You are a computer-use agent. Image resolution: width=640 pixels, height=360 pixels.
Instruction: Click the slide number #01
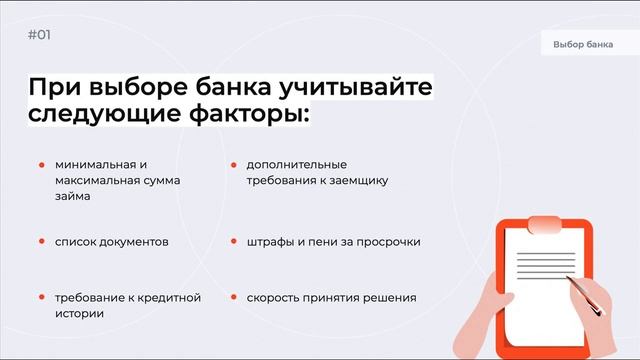click(x=40, y=35)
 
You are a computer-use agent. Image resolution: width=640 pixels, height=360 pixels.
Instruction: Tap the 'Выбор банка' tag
click(x=583, y=45)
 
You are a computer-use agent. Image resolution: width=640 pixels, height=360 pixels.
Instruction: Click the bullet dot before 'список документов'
click(x=42, y=242)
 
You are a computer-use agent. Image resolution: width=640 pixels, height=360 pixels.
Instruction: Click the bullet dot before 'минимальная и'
click(x=42, y=164)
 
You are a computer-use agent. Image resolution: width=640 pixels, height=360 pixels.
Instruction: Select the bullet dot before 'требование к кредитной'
click(x=42, y=298)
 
